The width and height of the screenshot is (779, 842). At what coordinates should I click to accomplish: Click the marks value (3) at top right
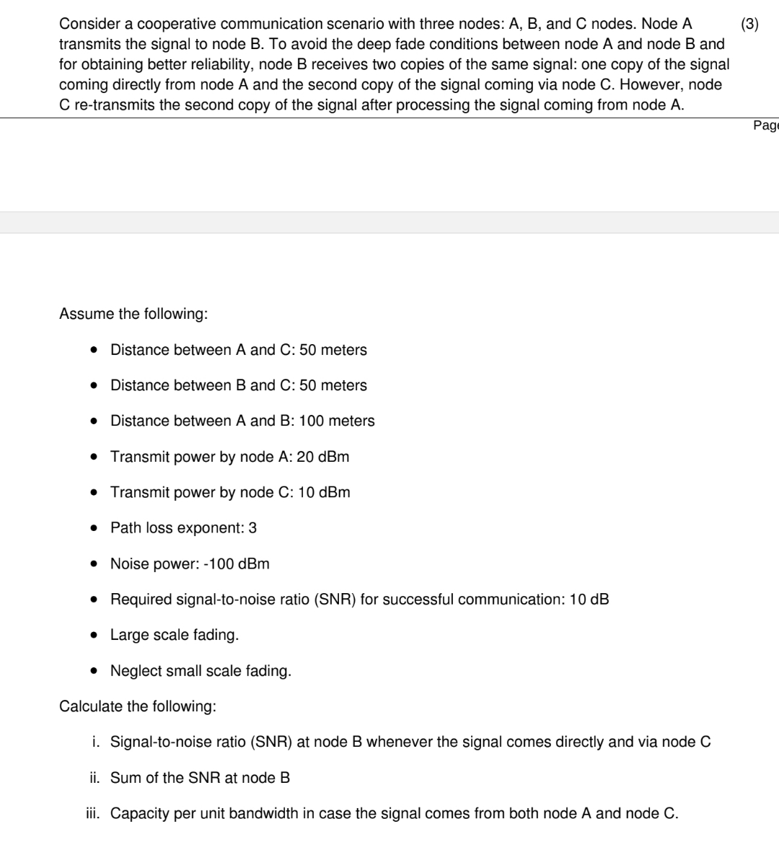749,24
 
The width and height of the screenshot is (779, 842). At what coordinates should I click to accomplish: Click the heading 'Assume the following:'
133,314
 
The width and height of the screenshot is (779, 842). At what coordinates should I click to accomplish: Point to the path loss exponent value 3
252,527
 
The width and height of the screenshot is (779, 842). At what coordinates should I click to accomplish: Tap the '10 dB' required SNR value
589,599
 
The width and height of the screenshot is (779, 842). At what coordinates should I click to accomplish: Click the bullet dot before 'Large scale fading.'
94,635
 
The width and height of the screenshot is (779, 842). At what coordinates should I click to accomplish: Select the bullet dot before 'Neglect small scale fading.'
94,671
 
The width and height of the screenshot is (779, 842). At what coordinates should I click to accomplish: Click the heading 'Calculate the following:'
138,706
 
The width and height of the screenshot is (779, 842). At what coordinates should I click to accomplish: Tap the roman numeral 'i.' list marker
96,742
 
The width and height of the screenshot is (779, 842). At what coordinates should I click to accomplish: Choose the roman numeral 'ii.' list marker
94,778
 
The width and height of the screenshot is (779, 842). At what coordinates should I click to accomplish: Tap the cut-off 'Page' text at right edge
765,126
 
